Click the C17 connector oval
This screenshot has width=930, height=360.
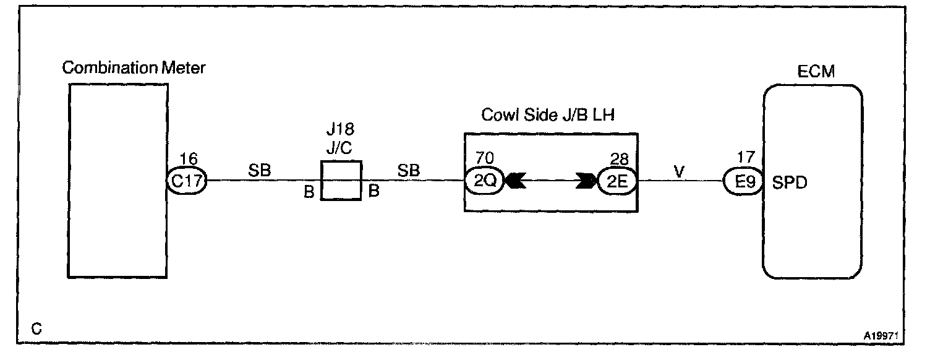(x=187, y=182)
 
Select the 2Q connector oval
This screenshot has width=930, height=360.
(x=484, y=182)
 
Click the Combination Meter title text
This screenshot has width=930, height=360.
(x=134, y=68)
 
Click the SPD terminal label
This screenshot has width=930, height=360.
(x=790, y=183)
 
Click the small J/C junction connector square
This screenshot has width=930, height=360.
(x=341, y=181)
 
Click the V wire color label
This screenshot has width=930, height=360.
(x=678, y=171)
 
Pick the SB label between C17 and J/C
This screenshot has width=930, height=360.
(x=260, y=171)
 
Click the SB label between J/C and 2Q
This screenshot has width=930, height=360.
(x=409, y=171)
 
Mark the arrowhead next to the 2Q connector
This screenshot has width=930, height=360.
(x=516, y=182)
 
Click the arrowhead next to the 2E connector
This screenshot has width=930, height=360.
(x=586, y=182)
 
